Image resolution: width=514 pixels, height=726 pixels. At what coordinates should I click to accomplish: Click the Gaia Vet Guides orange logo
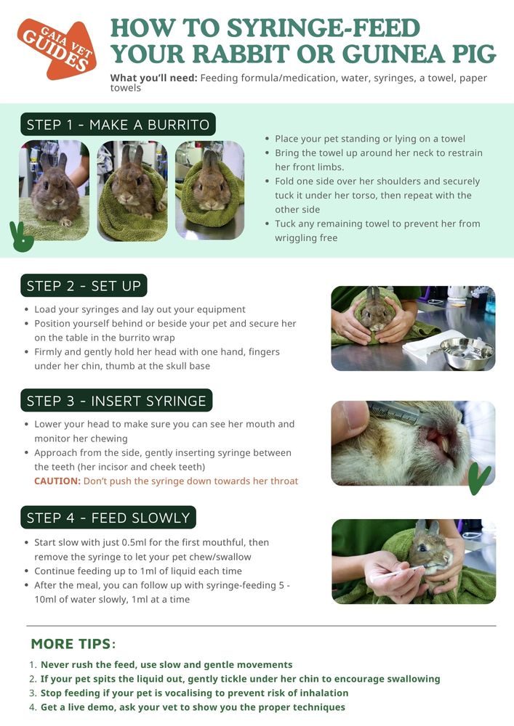57,49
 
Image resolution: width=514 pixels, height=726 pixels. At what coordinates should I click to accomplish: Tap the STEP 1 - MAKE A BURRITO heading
118,125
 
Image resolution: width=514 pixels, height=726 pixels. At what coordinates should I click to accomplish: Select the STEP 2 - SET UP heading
84,286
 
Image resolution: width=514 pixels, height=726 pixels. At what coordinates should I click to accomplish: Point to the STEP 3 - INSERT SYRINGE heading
116,401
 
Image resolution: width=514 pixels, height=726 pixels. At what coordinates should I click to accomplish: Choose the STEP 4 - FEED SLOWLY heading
108,518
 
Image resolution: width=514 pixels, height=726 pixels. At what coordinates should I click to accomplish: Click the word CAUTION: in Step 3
57,481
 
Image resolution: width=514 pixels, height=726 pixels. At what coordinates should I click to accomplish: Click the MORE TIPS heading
73,644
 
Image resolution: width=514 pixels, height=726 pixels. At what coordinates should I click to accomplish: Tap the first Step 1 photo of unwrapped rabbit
54,190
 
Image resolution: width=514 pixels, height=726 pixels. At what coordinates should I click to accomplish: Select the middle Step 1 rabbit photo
132,190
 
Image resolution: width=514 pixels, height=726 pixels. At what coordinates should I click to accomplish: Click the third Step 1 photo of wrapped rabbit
209,190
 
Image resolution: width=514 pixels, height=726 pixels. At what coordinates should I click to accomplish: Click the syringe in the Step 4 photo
393,574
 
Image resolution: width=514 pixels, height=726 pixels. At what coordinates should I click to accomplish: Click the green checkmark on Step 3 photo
479,478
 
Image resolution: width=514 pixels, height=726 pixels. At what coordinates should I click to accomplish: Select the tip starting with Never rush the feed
166,664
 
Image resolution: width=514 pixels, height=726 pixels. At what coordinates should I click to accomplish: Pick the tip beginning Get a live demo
193,706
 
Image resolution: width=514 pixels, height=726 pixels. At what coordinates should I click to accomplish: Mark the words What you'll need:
153,78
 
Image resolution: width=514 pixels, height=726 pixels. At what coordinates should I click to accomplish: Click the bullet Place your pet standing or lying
369,139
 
